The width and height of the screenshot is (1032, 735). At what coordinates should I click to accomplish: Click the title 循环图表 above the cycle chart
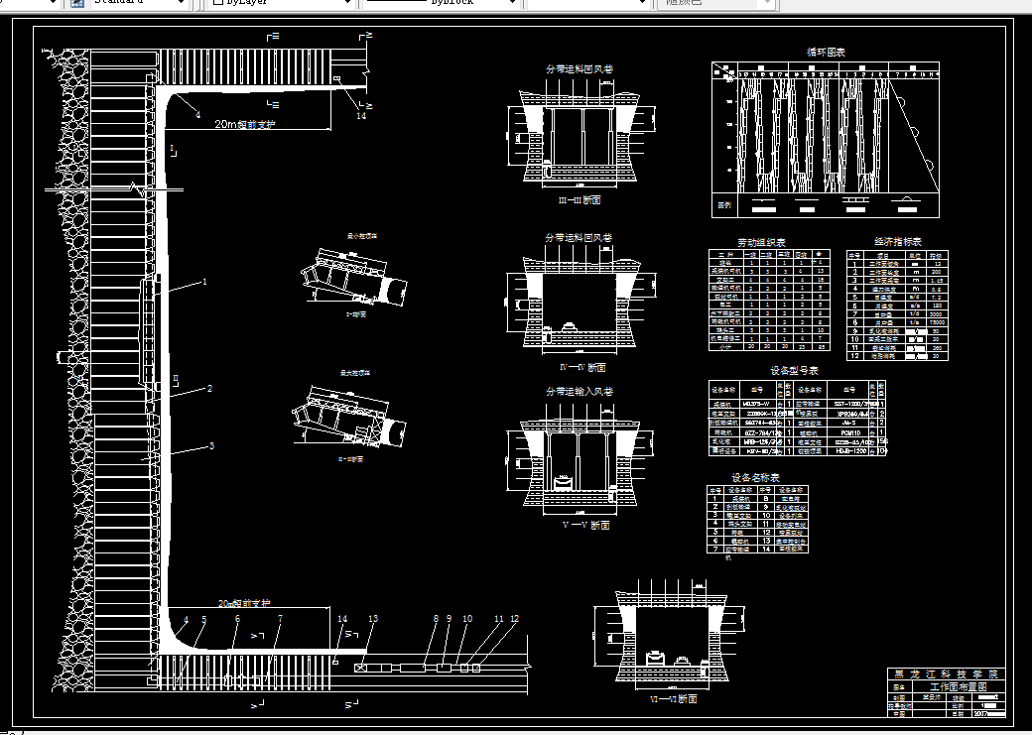826,52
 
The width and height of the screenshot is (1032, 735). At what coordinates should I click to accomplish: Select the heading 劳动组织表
761,242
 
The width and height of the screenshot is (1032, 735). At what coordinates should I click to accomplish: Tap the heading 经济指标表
897,241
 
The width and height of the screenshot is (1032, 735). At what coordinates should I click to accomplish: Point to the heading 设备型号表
794,370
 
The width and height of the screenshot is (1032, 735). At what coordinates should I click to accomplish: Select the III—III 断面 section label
580,199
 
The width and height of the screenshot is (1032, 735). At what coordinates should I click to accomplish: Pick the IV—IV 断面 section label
583,367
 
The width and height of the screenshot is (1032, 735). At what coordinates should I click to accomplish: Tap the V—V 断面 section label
585,526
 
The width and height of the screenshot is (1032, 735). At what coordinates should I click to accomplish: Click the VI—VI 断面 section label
673,699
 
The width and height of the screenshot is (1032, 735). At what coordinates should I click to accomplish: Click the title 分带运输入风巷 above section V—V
579,392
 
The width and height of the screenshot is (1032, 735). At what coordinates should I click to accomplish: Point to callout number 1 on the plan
204,282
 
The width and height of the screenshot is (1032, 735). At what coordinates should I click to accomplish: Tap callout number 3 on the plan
211,446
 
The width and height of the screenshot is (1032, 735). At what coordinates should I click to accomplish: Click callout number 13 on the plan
373,619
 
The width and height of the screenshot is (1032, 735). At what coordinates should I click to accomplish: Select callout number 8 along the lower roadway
436,619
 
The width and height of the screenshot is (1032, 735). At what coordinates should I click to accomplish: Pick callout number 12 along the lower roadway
514,619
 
